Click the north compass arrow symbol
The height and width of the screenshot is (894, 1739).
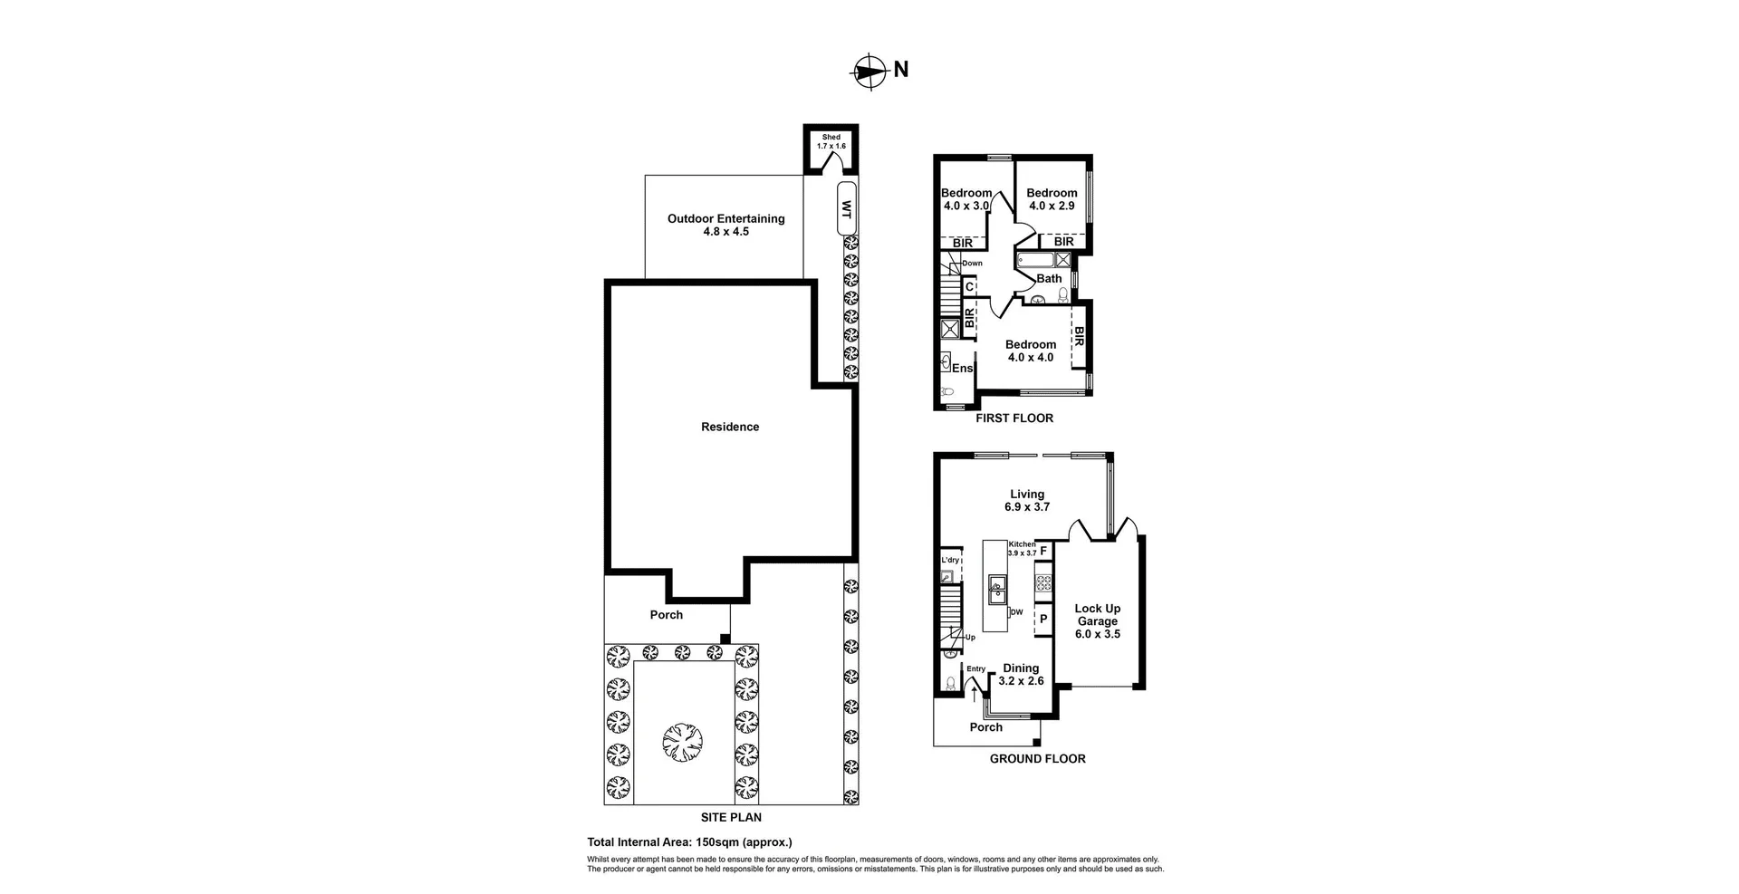click(x=869, y=71)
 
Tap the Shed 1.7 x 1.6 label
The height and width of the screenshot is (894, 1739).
click(x=831, y=141)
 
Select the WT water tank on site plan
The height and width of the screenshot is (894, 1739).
click(x=847, y=209)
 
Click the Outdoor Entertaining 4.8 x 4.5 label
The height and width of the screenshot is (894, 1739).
click(x=725, y=225)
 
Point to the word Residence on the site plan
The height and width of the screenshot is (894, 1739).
click(x=730, y=427)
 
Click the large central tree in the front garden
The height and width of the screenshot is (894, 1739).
click(x=682, y=743)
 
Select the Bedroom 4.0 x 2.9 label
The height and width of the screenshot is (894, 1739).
click(x=1052, y=199)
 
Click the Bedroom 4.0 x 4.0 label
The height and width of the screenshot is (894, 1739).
click(x=1030, y=351)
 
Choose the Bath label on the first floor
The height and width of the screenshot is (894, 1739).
click(x=1049, y=279)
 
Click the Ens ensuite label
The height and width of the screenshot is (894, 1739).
click(x=962, y=369)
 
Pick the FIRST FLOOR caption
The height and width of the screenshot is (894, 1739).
click(x=1014, y=418)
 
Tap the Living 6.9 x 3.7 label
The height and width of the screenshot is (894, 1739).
click(x=1026, y=501)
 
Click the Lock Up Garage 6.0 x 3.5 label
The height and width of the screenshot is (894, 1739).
click(x=1097, y=621)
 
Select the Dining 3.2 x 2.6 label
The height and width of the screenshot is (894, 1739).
click(x=1021, y=675)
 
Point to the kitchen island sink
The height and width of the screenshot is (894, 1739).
click(x=996, y=589)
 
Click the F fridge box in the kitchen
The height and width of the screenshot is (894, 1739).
click(x=1043, y=551)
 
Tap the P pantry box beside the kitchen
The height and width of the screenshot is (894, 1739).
click(x=1043, y=620)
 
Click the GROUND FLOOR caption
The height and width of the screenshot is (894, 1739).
click(x=1037, y=759)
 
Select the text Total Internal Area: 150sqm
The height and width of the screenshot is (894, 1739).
click(x=689, y=841)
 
